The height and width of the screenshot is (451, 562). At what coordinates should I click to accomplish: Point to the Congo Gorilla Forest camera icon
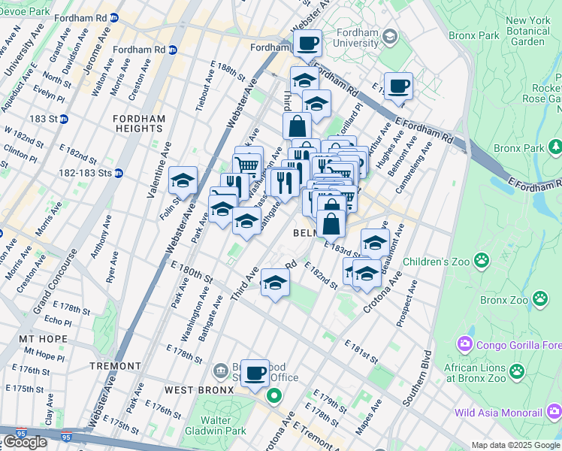coord(464,345)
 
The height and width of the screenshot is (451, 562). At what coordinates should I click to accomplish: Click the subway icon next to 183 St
coord(64,119)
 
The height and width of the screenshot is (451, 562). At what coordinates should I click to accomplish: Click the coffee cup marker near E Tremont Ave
coord(255,373)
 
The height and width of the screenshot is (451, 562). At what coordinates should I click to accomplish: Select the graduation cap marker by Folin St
coord(183,181)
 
